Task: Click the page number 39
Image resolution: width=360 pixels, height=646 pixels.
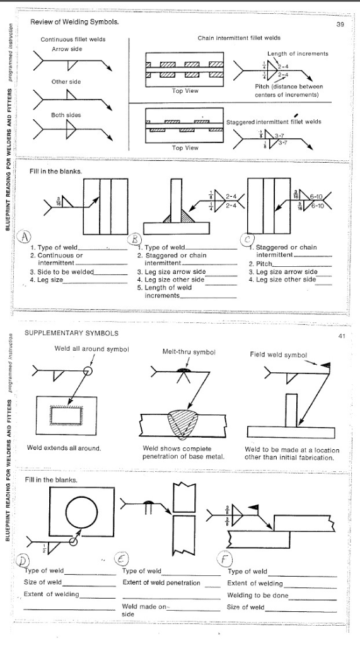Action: coord(342,23)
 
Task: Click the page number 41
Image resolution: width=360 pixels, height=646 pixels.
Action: coord(340,336)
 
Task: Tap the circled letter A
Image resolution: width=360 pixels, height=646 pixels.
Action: coord(25,235)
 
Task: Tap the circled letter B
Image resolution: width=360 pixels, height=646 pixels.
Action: coord(134,238)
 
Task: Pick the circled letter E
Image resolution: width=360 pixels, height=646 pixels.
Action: coord(120,557)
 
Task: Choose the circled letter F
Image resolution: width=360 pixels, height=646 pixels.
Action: coord(240,559)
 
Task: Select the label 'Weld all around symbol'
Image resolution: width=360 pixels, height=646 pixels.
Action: coord(84,348)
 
